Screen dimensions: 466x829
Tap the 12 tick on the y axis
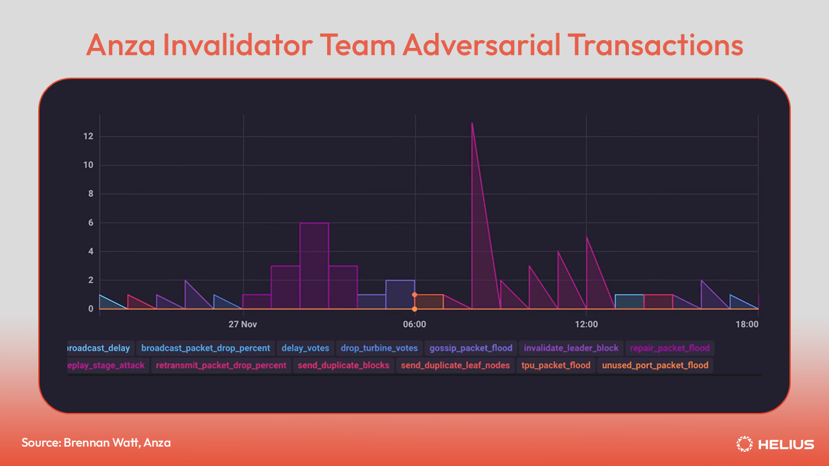[x=88, y=137]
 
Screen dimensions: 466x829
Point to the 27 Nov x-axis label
[x=244, y=324]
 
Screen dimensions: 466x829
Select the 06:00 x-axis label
[x=414, y=324]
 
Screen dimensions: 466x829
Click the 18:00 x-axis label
[x=747, y=324]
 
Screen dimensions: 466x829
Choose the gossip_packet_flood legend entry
[x=471, y=348]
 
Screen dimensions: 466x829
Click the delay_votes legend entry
[x=306, y=348]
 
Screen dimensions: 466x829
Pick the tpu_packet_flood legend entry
[x=556, y=365]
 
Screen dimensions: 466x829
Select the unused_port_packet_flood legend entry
[x=655, y=365]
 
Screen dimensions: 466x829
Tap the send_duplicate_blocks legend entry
[x=343, y=365]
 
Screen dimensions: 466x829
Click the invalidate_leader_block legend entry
[x=571, y=348]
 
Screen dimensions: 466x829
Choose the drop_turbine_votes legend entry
[x=380, y=348]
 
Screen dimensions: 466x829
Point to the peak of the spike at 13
[x=472, y=123]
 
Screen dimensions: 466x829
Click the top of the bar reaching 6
[x=314, y=223]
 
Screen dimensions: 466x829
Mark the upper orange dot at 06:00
[x=414, y=294]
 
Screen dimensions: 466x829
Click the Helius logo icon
[x=745, y=444]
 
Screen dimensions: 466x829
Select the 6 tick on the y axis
[x=90, y=223]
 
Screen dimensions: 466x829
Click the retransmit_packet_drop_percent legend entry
[x=221, y=365]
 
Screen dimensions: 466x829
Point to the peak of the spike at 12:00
[x=587, y=238]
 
